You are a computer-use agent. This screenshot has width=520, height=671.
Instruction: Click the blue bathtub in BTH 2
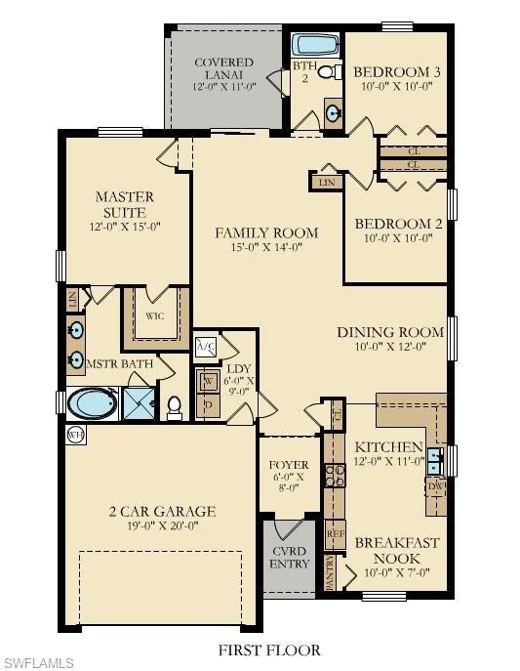pyautogui.click(x=315, y=44)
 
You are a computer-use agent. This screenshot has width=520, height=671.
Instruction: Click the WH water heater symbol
pyautogui.click(x=75, y=434)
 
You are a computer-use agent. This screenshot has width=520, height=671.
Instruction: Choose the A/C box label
pyautogui.click(x=206, y=346)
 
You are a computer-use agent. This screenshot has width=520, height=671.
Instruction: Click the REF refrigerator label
pyautogui.click(x=335, y=534)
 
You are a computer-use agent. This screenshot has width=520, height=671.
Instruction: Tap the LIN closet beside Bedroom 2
pyautogui.click(x=325, y=181)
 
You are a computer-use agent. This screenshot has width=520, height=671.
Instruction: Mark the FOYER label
pyautogui.click(x=289, y=465)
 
